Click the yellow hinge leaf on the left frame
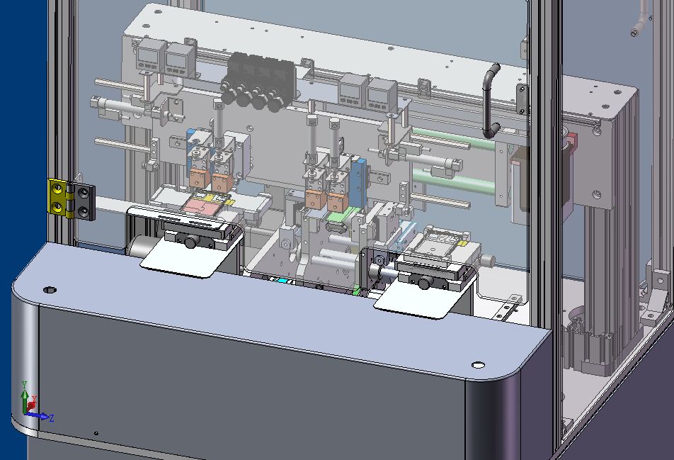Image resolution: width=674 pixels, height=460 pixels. (57, 198)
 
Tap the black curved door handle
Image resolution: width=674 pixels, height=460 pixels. (489, 99)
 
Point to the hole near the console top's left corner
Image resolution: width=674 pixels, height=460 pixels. (49, 290)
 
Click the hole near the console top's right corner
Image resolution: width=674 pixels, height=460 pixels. (478, 365)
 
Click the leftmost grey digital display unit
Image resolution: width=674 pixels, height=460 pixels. (150, 55)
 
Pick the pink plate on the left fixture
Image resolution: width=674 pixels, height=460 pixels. (202, 206)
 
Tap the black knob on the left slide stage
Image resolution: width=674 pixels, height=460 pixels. (190, 242)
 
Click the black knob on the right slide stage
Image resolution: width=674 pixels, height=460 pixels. (424, 283)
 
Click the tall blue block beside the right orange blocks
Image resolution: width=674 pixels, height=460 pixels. (360, 181)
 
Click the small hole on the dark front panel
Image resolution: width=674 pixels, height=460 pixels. (96, 434)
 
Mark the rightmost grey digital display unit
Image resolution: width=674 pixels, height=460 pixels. (382, 91)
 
